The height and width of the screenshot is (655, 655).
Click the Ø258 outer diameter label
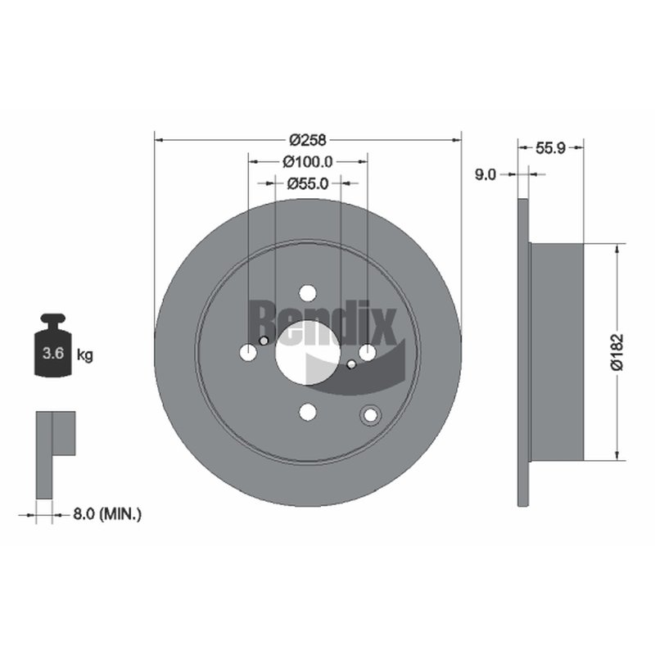pos(308,140)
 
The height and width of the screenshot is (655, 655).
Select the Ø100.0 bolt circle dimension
pos(308,161)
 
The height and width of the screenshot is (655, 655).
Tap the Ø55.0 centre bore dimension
pos(308,183)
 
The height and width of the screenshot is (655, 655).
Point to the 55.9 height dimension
pos(550,148)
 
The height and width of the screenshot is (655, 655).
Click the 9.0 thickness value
pos(486,174)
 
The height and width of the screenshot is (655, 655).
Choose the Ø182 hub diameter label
pos(617,352)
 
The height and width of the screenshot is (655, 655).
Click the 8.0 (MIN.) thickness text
pos(107,514)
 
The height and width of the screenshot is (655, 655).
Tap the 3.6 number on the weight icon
pos(53,354)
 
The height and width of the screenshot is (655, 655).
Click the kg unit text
pos(85,355)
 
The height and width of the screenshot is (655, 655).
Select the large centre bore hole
pos(308,353)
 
